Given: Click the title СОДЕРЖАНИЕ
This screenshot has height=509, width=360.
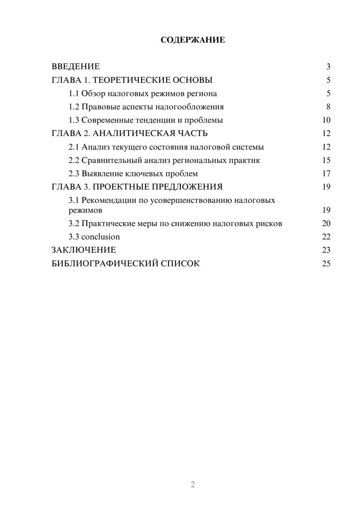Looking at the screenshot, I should (x=193, y=40).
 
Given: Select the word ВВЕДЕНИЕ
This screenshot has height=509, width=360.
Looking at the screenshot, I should (x=76, y=67).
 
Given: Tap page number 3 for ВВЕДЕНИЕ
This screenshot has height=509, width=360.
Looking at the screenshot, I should (x=328, y=67).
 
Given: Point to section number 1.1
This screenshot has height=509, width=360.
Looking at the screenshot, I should (x=74, y=94).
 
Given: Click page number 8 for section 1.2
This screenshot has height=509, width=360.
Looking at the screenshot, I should (x=328, y=107).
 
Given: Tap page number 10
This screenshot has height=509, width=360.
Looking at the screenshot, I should (x=326, y=120).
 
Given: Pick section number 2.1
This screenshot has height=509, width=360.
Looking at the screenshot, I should (x=74, y=147).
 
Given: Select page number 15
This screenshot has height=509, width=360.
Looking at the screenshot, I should (x=326, y=160).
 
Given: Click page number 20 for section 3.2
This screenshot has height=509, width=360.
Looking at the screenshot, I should (x=326, y=224).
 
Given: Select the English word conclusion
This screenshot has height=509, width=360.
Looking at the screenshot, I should (x=100, y=237).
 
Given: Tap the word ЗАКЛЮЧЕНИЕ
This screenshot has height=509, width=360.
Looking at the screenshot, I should (x=84, y=250).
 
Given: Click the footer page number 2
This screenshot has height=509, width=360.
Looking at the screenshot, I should (x=193, y=485).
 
